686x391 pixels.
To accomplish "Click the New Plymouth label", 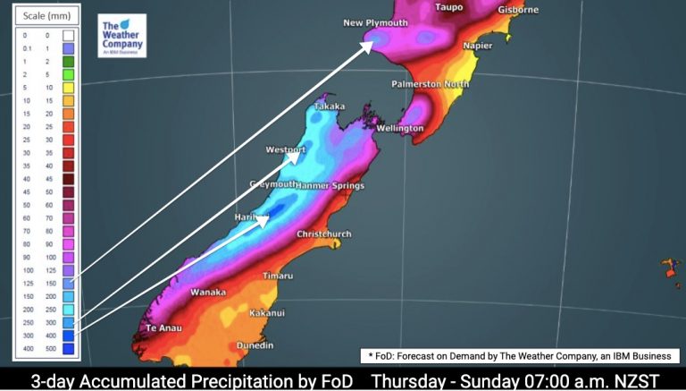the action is (x=376, y=22).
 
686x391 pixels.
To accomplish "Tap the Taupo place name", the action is (x=451, y=7).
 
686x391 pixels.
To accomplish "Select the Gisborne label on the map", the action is (x=519, y=10).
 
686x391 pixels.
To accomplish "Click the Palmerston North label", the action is (x=430, y=84).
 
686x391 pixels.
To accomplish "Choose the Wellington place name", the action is (x=399, y=128).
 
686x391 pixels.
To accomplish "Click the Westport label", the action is (x=286, y=149).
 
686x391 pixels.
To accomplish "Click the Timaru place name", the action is (x=277, y=276).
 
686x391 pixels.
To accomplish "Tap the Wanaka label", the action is (x=208, y=292).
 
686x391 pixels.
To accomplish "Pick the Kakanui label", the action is (x=267, y=313).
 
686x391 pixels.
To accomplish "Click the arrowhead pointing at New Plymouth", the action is (x=368, y=45).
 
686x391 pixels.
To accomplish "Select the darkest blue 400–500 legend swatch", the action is (x=69, y=347).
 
